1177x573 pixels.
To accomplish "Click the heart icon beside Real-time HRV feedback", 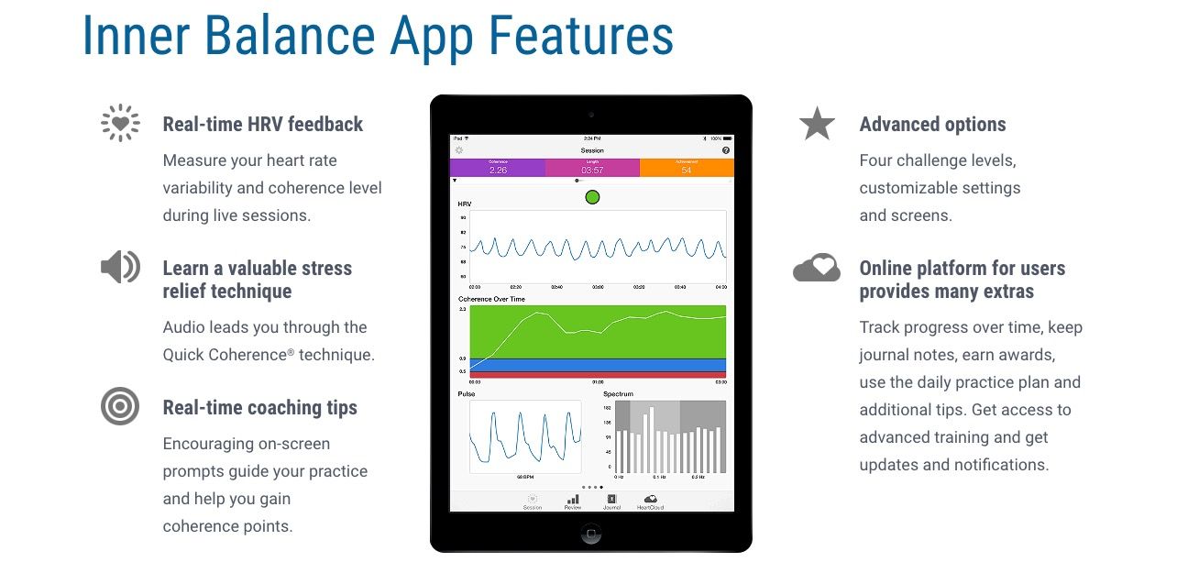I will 120,123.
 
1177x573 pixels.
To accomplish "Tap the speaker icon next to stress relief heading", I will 120,267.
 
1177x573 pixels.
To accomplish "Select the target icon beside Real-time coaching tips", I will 120,406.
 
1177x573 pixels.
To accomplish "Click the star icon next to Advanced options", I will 816,124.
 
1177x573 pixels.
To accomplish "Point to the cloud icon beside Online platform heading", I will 816,268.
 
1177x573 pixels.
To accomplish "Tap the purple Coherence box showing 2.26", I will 498,168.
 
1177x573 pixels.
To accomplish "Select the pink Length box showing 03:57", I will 592,168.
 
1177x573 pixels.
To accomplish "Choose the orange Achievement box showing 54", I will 687,168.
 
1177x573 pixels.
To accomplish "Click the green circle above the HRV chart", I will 592,196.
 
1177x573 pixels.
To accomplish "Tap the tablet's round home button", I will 591,533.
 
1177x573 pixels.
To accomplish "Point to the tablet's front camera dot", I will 591,115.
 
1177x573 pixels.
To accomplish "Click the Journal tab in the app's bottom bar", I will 611,501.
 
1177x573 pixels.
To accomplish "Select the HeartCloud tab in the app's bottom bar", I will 650,501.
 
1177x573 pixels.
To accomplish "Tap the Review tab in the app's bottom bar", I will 573,501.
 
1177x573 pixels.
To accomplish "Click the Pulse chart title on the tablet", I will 467,394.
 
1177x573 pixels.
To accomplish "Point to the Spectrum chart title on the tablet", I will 618,394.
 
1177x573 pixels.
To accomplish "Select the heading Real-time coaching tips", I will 260,408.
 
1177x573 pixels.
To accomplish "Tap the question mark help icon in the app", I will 726,149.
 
